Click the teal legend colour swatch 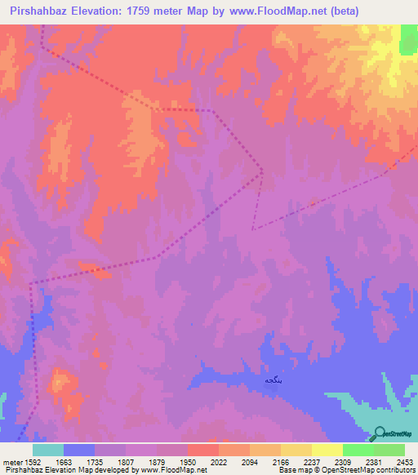click(x=48, y=450)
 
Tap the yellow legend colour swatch click(x=296, y=450)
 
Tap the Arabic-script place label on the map click(x=273, y=380)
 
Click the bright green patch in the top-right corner click(x=409, y=39)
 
